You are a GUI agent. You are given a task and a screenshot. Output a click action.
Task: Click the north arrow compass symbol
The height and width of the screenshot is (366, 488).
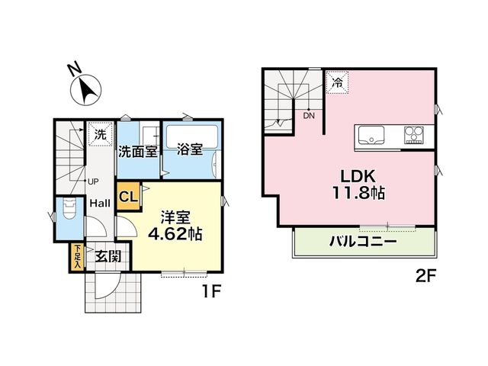click(86, 90)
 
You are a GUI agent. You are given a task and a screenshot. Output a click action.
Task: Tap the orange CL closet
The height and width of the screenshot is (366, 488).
click(128, 196)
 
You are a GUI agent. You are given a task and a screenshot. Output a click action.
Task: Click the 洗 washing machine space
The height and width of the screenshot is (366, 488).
click(100, 134)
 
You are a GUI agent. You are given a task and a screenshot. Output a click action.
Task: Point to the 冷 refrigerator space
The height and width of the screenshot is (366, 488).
click(337, 82)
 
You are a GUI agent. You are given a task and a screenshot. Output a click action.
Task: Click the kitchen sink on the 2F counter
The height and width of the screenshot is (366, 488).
click(371, 135)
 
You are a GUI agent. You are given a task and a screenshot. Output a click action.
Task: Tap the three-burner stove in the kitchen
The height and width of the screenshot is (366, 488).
click(413, 135)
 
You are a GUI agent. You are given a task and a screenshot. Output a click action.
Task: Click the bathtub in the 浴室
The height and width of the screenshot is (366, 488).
click(192, 137)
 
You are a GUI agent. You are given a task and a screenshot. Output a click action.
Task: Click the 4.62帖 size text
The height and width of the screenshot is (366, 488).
click(175, 233)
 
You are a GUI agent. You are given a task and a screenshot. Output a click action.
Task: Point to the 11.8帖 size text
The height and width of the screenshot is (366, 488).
click(358, 193)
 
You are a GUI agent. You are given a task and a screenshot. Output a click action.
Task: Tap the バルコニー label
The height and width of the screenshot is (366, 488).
click(363, 242)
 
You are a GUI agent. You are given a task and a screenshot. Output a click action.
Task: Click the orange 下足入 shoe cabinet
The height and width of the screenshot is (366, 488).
click(76, 257)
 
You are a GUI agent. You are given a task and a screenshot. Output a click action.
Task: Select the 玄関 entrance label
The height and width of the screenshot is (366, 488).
click(108, 256)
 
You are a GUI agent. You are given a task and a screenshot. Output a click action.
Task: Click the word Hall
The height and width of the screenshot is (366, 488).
click(100, 204)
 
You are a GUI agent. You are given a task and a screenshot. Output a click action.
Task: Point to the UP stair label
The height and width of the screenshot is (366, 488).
click(93, 181)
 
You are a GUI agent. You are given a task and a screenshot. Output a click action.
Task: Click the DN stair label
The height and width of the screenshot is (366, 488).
click(309, 116)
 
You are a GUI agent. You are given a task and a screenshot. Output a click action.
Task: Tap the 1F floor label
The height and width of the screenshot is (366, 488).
click(212, 292)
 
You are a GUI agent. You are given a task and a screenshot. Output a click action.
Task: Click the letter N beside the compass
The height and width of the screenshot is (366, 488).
click(74, 69)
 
